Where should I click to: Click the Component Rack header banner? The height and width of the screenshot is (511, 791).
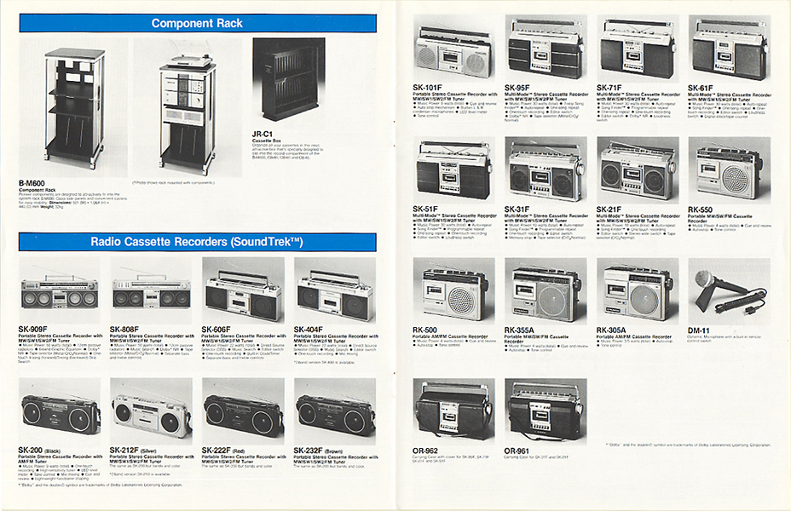click(198, 23)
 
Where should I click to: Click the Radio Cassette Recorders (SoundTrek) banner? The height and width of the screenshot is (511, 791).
click(198, 242)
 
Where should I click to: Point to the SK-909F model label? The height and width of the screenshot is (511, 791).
click(35, 329)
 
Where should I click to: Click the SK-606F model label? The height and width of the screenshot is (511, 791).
click(219, 329)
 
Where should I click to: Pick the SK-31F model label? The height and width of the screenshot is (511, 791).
click(521, 209)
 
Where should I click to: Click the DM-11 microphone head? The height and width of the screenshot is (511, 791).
click(705, 278)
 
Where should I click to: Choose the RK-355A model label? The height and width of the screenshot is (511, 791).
click(523, 330)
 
